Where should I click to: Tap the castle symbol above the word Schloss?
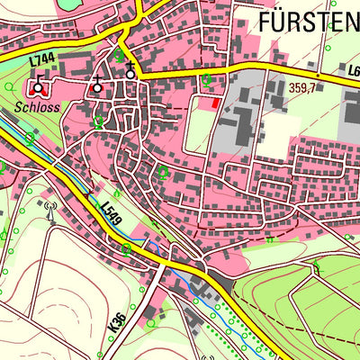[x=37, y=86]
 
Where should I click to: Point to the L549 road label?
[x=109, y=212]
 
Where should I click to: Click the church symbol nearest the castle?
[x=97, y=85]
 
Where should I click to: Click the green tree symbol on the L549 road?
[x=127, y=247]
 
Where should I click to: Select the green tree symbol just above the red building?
[x=206, y=81]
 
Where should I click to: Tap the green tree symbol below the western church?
[x=97, y=121]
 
